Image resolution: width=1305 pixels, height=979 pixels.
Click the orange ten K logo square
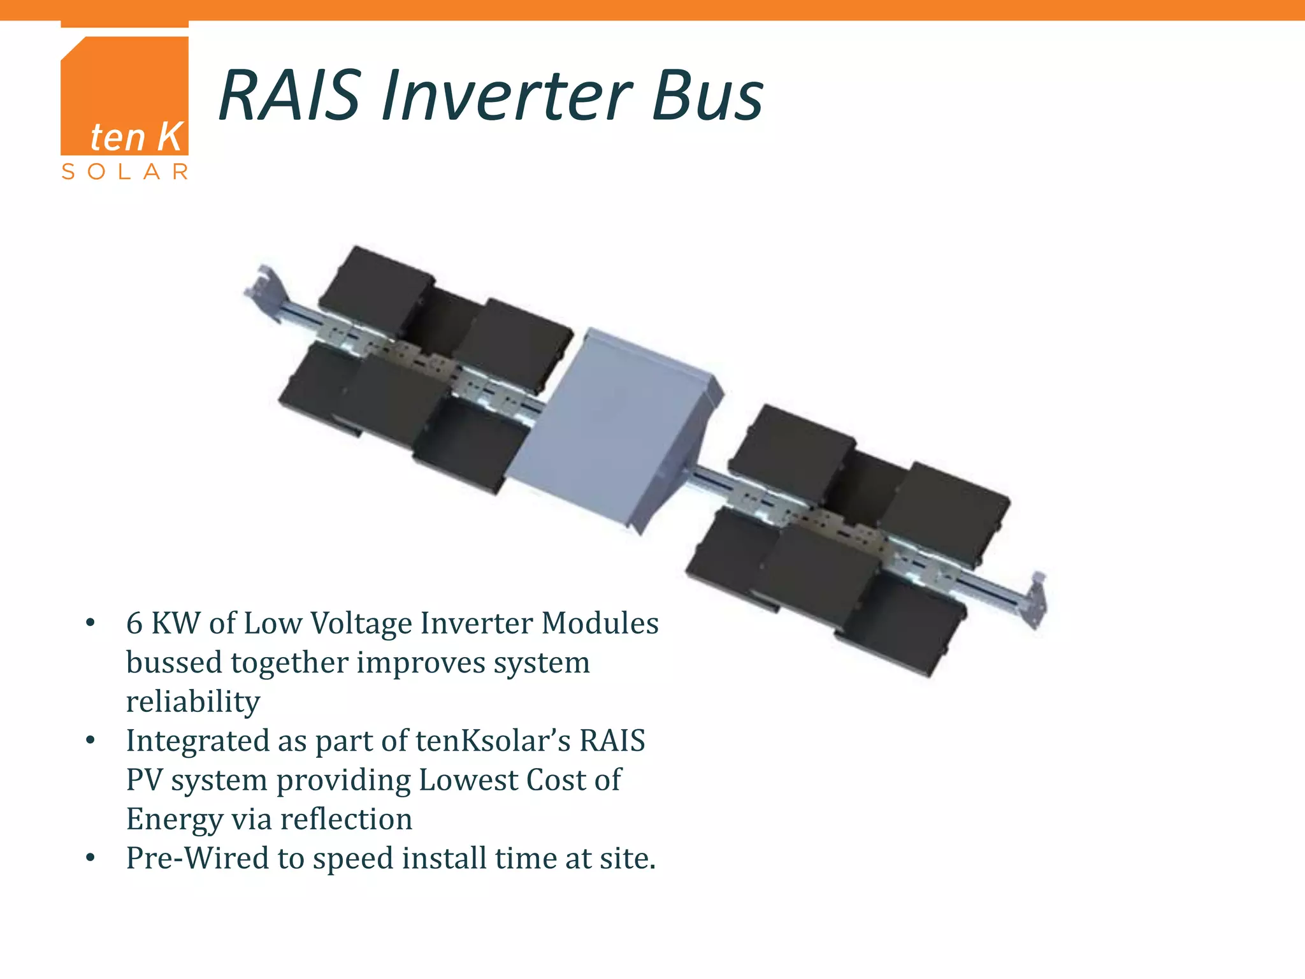coord(124,96)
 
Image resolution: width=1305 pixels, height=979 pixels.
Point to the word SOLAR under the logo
coord(124,171)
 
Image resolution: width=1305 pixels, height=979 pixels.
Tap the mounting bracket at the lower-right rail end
coord(1035,599)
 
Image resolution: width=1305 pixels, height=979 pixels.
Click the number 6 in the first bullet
coord(134,623)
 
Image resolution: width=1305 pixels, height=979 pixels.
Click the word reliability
coord(193,702)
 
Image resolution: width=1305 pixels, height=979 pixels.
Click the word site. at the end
coord(627,859)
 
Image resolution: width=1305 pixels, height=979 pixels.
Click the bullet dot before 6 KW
coord(90,623)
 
